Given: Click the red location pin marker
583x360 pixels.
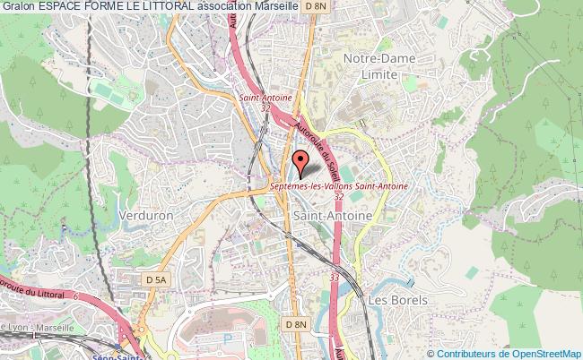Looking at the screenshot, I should [301, 163].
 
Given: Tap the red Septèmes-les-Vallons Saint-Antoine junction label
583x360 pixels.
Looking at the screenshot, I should [339, 185].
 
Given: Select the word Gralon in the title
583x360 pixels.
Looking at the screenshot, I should [17, 7].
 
